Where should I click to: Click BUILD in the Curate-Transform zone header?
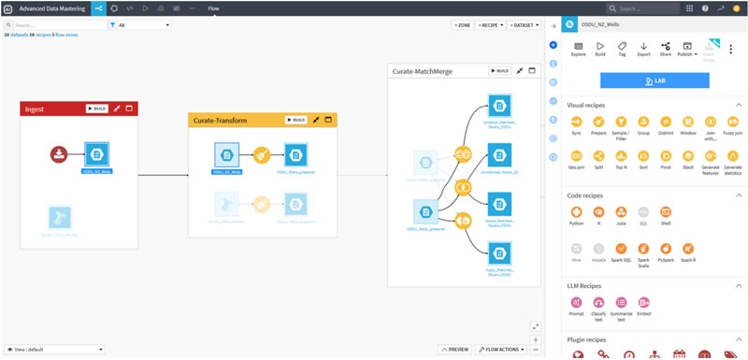click(294, 120)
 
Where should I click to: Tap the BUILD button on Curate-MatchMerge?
click(499, 70)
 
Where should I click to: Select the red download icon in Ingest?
click(59, 153)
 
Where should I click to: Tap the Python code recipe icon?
click(577, 212)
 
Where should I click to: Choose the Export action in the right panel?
click(643, 47)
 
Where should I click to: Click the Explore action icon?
click(578, 47)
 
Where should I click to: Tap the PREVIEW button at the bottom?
click(454, 349)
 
